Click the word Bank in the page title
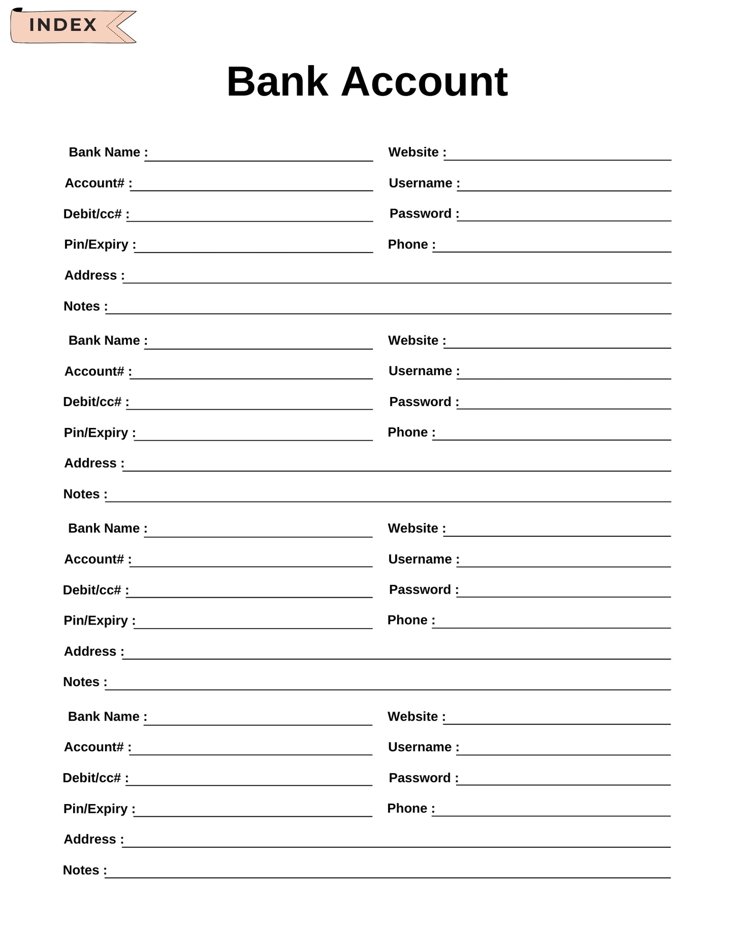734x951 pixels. click(277, 82)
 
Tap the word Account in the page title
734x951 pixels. click(424, 82)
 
